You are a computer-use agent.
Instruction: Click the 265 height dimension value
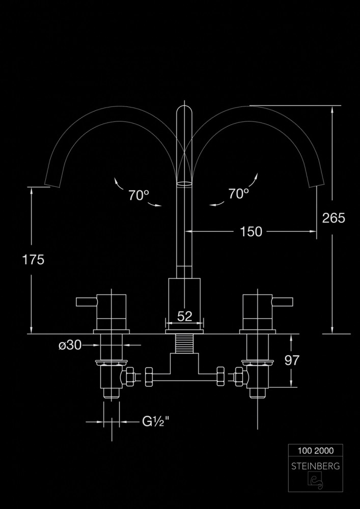coord(334,218)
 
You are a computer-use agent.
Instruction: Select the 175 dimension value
coord(33,260)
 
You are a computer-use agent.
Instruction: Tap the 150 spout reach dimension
coord(251,232)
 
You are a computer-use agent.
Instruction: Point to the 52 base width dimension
coord(185,316)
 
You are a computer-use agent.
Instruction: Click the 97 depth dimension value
coord(292,360)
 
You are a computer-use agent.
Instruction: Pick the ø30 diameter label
coord(70,345)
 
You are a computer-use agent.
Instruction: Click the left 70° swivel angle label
coord(138,194)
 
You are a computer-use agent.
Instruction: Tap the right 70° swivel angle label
coord(238,193)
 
